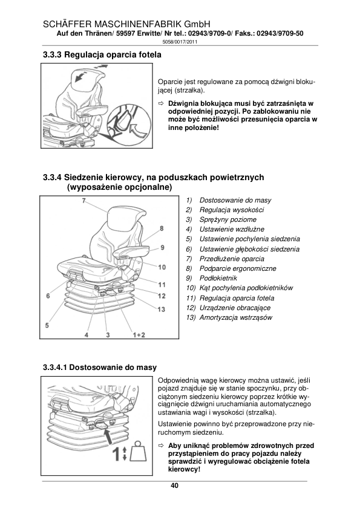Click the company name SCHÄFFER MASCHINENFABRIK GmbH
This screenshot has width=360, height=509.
tap(126, 24)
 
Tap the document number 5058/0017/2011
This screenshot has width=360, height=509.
tap(180, 42)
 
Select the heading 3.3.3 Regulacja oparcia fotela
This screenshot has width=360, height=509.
tap(102, 55)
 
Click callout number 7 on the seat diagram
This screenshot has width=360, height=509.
tap(83, 201)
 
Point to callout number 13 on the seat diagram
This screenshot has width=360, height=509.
tap(161, 310)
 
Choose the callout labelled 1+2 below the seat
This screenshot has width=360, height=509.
tap(139, 335)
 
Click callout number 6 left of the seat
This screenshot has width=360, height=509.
tap(48, 296)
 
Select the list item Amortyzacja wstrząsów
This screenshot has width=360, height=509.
tap(235, 317)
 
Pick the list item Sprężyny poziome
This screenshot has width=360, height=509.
tap(227, 219)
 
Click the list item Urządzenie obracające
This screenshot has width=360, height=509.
tap(235, 308)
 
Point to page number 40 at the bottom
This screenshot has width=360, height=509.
tap(174, 486)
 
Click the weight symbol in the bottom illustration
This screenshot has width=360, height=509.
tap(137, 451)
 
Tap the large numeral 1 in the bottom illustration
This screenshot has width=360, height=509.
tap(115, 454)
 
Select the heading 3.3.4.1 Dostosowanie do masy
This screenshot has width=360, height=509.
tap(100, 368)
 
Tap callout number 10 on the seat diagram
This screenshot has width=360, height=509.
tap(162, 267)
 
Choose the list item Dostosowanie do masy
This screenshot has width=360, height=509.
tap(235, 200)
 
